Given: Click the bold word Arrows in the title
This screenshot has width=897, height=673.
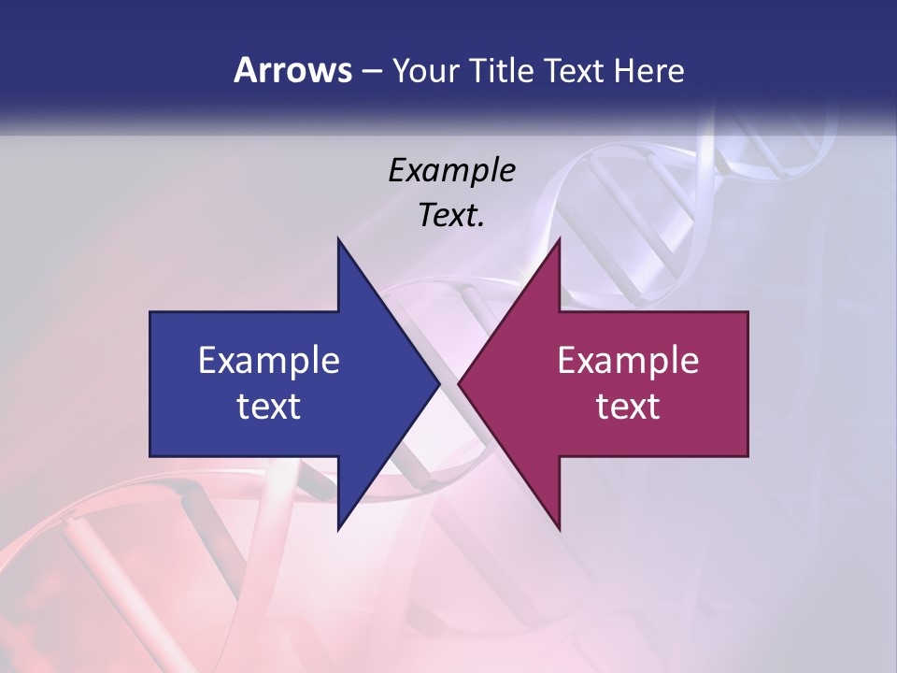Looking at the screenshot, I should click(292, 70).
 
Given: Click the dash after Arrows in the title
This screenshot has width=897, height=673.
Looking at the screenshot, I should click(371, 72).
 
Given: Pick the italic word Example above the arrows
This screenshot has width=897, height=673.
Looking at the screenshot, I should click(451, 171).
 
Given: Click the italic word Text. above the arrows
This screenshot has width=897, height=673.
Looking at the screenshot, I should click(451, 215).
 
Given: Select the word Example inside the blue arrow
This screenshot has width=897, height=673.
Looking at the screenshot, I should click(268, 361).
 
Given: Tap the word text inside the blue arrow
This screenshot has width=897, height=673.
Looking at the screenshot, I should click(268, 407).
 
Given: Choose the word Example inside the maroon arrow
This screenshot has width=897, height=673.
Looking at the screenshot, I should click(628, 361).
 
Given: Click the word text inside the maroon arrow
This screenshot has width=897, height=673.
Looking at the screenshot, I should click(628, 407).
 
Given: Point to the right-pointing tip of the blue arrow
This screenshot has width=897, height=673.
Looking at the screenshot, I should click(438, 383).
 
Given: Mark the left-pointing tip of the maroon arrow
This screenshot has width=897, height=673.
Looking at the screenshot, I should click(459, 383).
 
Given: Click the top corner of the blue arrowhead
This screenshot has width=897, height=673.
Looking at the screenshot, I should click(338, 239).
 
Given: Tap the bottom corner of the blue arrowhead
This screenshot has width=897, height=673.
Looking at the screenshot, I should click(338, 528).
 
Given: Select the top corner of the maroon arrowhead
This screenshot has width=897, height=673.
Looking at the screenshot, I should click(559, 239).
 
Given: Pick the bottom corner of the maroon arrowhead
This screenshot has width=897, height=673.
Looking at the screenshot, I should click(559, 528).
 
